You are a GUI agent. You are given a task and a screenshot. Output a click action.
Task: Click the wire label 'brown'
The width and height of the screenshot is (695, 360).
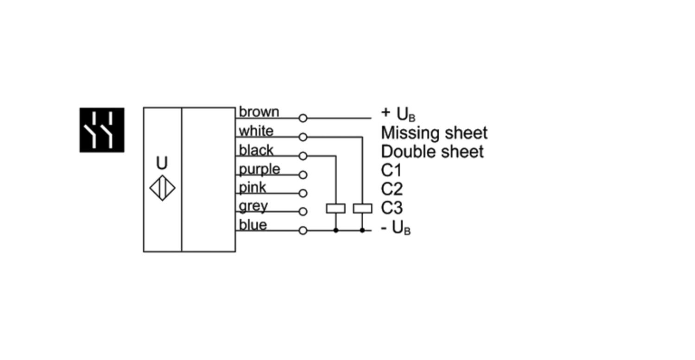point(259,112)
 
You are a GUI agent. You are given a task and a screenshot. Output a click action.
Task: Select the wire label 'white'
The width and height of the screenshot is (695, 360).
point(256,131)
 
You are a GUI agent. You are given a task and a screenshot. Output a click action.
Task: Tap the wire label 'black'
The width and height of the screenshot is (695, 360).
point(256,150)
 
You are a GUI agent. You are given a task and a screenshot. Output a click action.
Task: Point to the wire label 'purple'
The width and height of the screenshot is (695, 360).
point(259,169)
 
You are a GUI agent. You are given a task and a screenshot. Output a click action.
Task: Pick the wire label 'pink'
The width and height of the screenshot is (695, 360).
point(253,188)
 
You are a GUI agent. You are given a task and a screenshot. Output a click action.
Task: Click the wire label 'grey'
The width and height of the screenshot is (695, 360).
point(253,206)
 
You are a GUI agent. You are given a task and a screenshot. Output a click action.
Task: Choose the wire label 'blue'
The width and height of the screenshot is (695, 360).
point(253,225)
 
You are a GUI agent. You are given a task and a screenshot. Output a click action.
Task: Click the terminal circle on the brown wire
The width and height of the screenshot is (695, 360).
point(303,119)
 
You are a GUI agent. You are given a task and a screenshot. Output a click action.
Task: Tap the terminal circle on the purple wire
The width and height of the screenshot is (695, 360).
point(303,175)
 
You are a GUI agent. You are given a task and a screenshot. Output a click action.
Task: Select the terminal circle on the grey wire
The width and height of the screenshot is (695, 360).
point(303,212)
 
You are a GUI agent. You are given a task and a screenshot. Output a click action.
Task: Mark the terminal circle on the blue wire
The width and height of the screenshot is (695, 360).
point(303,230)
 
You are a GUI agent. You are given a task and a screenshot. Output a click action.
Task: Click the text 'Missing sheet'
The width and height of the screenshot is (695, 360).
point(434,133)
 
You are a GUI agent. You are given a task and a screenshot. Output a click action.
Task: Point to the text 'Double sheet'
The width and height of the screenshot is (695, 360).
point(432,152)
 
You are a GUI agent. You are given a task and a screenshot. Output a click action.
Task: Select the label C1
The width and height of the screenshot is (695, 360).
point(392,171)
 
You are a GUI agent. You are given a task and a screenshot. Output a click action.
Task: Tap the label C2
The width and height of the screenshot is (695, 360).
point(392,189)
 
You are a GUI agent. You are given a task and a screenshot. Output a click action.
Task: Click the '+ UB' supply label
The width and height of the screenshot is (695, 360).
point(398,114)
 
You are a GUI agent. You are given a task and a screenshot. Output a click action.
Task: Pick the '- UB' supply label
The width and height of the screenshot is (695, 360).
point(395,228)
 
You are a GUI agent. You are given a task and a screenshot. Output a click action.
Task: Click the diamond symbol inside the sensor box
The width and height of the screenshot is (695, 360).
point(162,188)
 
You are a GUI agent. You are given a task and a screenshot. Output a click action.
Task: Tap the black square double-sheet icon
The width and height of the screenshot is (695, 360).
point(102,130)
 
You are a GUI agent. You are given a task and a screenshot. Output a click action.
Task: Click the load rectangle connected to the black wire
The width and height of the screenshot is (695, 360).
point(335,208)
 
